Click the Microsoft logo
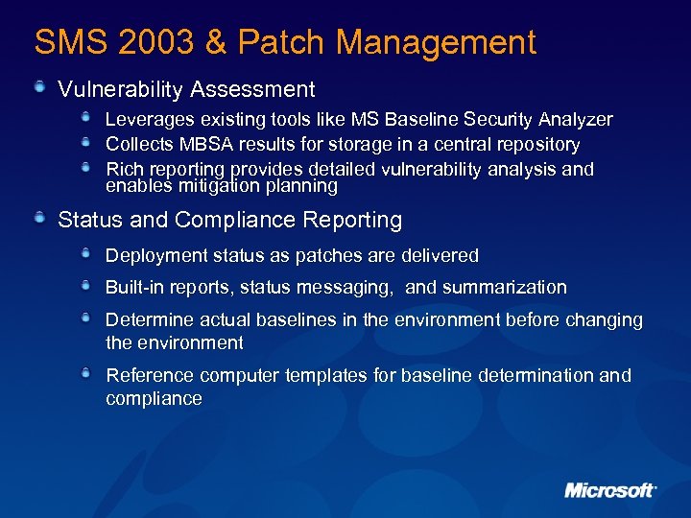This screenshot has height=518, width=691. coord(610,490)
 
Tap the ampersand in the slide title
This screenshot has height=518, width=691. coord(217,42)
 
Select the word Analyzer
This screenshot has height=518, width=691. coord(575,120)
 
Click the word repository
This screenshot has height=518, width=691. coord(533,145)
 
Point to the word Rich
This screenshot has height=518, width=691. coord(123,170)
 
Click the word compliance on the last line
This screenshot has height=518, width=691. coord(154,399)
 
